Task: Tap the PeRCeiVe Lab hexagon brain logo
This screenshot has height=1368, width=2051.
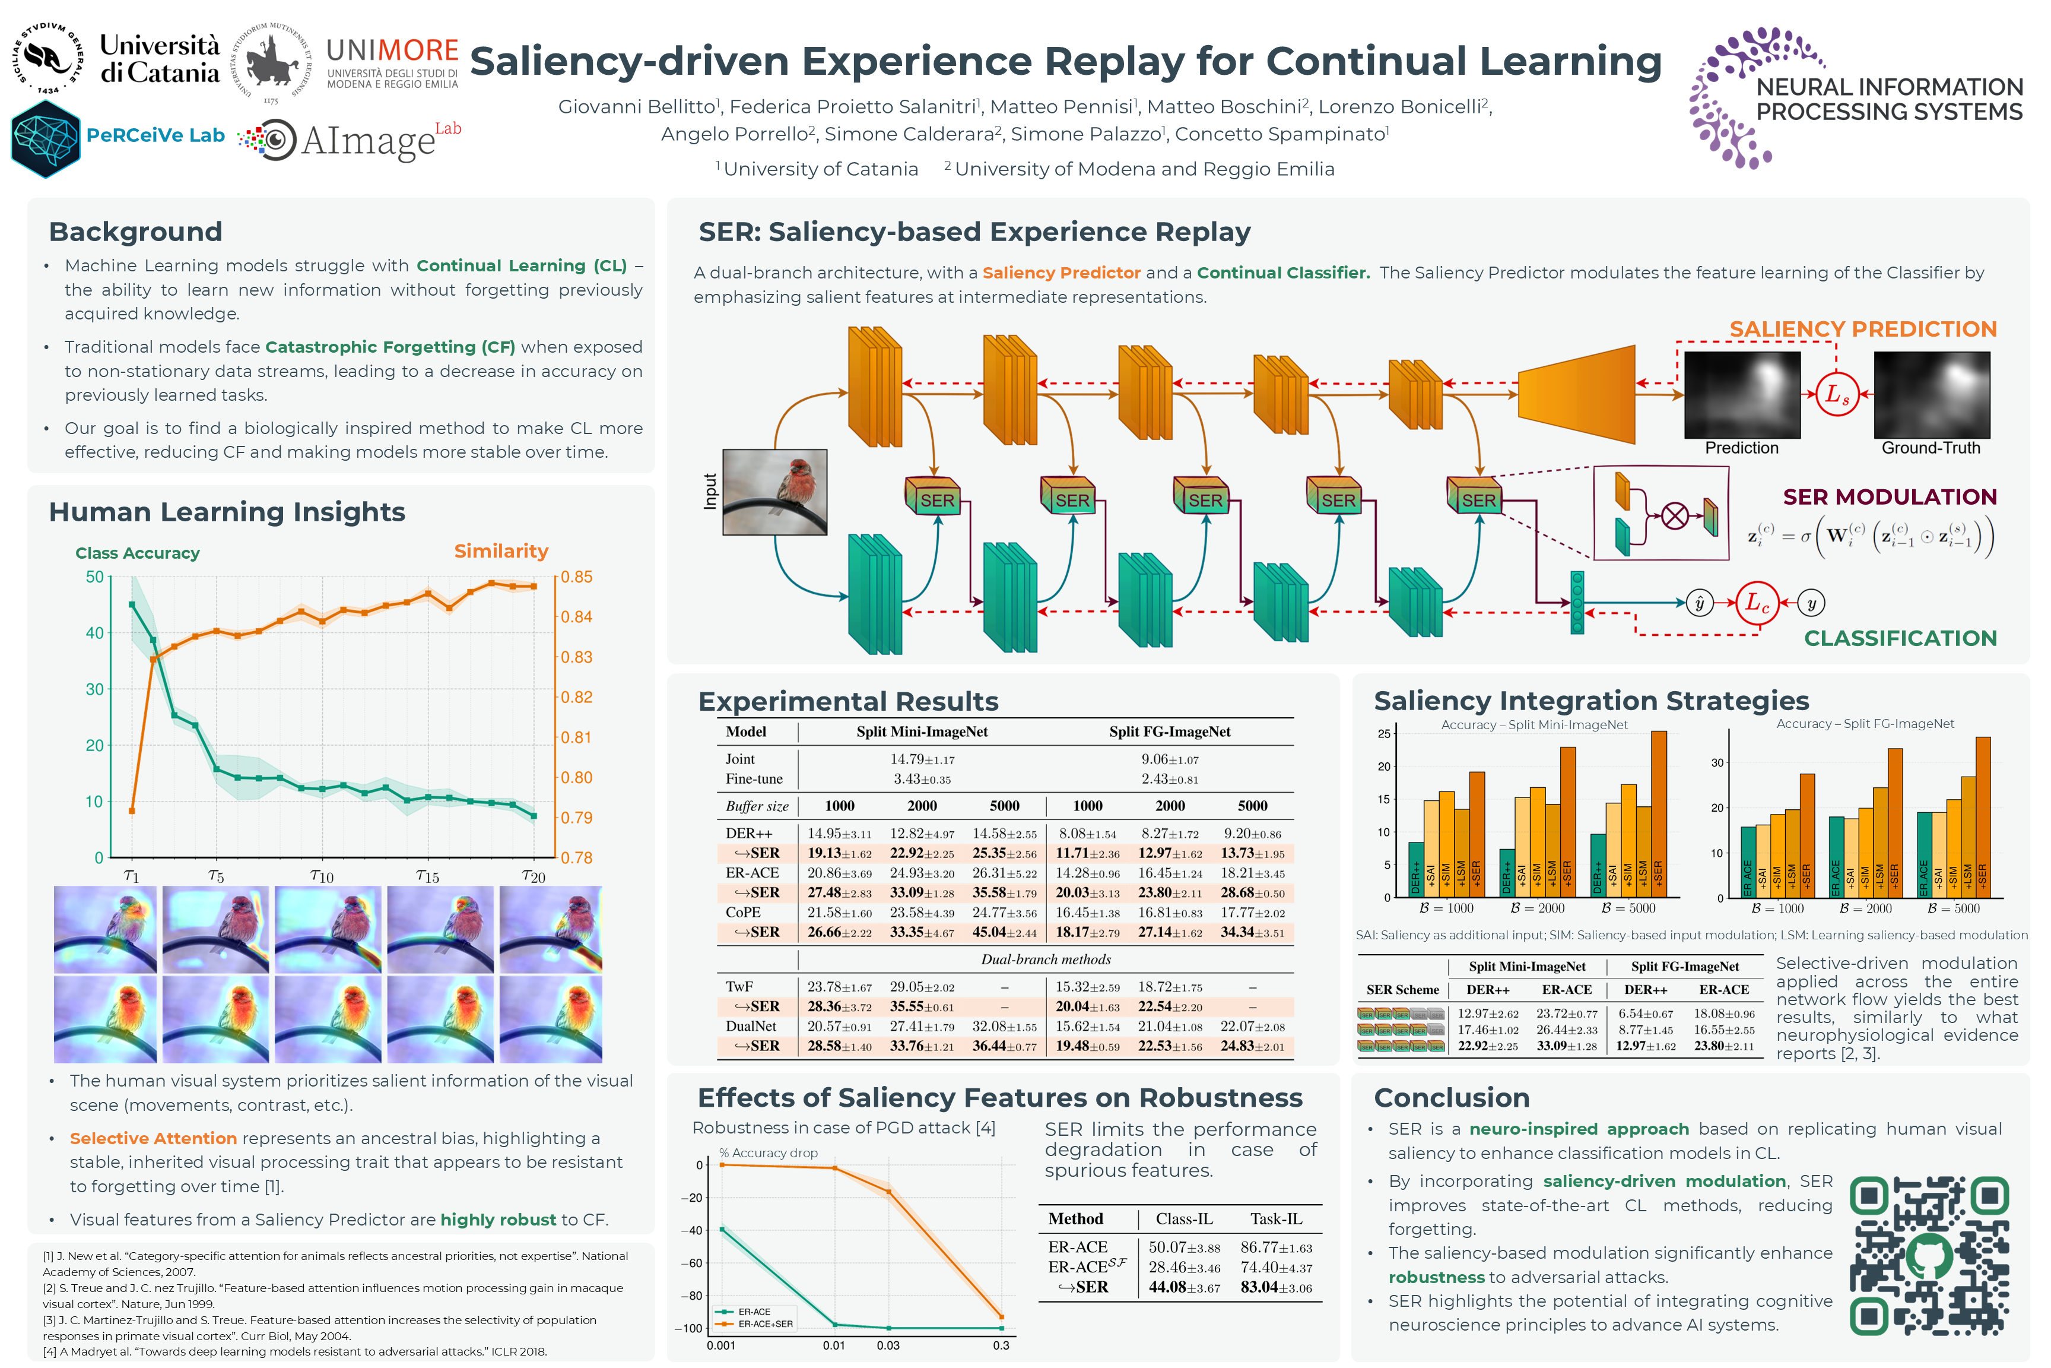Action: (45, 138)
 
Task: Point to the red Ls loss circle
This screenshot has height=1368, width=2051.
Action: (1837, 394)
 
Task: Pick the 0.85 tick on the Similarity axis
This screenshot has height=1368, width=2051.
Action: (576, 577)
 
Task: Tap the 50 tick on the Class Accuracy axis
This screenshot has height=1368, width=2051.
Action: (94, 577)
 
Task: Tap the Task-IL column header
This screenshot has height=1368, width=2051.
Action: (1276, 1219)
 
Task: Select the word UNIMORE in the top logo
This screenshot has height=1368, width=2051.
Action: (392, 50)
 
